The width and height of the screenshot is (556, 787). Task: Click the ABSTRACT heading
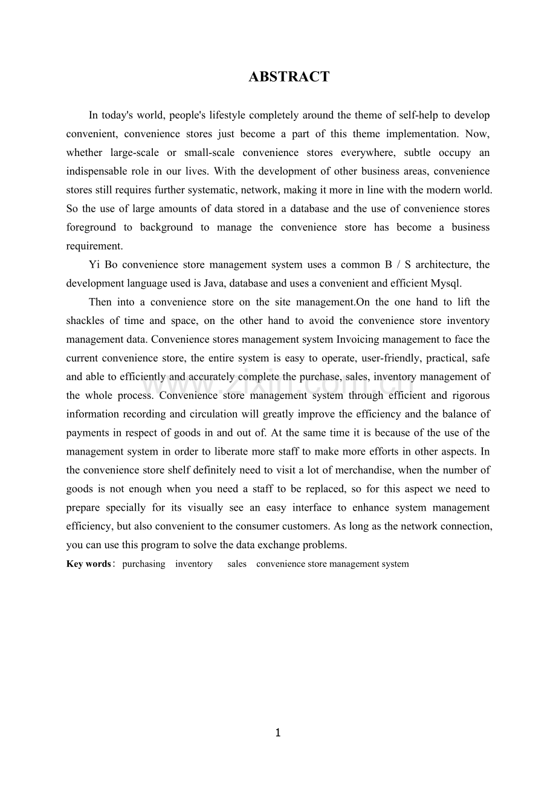289,77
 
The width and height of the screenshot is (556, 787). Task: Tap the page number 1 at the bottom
278,733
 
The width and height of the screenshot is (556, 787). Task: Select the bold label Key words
88,564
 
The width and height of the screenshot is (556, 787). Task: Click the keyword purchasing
144,564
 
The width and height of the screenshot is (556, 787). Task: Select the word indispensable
97,171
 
